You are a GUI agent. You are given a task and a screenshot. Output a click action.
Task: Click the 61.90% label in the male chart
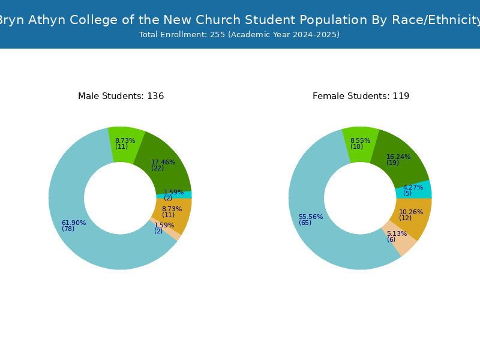(74, 223)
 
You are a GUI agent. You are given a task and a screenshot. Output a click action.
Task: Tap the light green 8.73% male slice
(125, 145)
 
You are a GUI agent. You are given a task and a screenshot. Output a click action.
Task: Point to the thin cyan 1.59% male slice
(175, 194)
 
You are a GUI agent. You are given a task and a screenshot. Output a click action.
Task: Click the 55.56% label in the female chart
(311, 217)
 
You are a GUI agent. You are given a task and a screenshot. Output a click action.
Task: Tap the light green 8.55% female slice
(361, 145)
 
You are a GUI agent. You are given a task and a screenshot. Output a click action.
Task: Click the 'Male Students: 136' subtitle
(121, 96)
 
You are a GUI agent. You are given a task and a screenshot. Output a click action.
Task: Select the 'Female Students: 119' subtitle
(361, 96)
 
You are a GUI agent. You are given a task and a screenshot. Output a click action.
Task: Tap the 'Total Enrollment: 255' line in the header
(182, 35)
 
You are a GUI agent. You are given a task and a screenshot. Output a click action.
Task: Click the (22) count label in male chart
(157, 168)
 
